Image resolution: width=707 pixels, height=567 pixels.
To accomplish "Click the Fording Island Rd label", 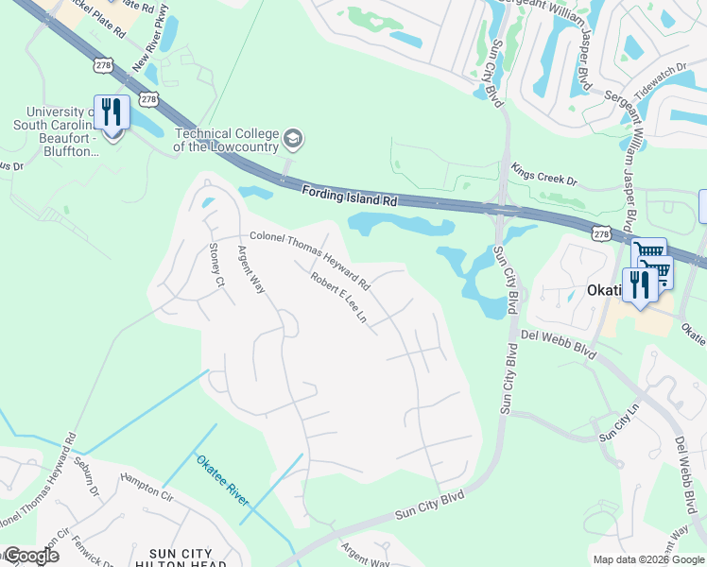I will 349,196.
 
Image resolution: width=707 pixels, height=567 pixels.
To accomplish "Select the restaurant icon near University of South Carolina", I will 112,114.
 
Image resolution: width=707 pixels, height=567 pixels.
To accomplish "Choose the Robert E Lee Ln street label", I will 338,297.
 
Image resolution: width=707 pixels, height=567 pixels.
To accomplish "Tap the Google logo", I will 31,556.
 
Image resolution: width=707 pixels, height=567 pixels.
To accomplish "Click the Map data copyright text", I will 647,559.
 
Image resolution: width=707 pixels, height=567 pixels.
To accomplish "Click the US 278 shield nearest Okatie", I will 599,232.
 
